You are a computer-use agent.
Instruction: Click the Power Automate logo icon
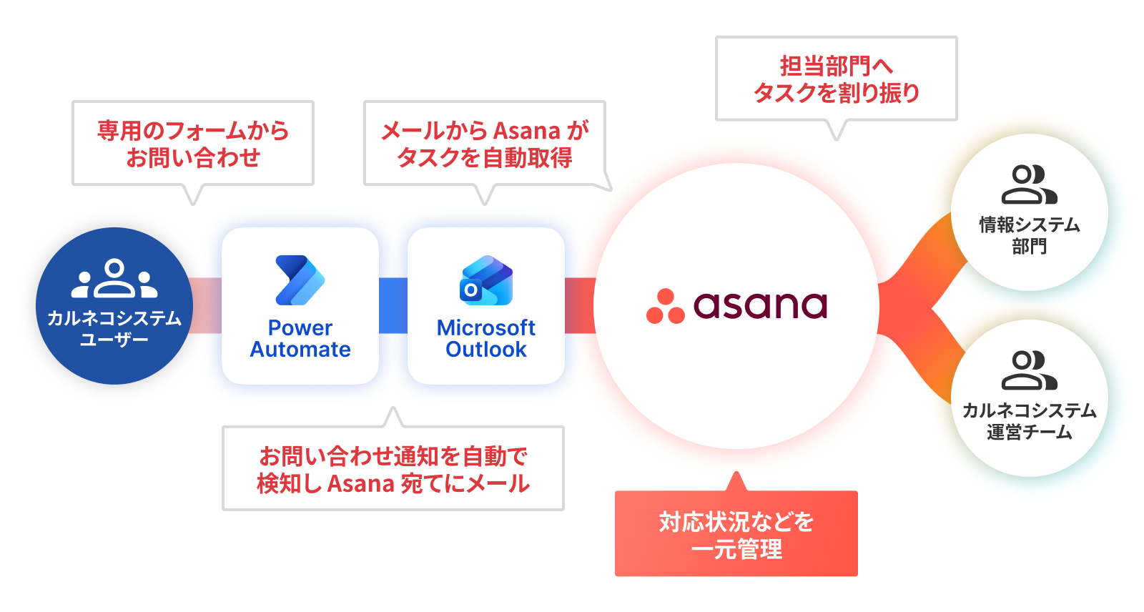300,280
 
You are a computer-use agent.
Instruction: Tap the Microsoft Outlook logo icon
486,281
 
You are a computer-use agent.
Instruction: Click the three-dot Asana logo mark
665,307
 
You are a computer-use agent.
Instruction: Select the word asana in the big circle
760,305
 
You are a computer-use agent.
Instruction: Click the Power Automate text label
300,339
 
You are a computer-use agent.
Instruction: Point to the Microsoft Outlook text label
486,339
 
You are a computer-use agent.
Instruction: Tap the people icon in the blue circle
114,279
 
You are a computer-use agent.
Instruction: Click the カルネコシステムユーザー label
114,328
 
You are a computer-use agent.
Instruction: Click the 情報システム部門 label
1029,235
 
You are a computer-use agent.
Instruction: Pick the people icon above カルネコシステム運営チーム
1029,370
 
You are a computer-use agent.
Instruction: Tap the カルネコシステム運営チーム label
1029,421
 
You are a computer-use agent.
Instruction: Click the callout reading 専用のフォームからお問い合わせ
193,144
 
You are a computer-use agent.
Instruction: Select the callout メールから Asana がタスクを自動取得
485,144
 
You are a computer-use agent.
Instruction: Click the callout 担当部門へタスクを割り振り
836,79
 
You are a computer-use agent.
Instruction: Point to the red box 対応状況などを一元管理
736,535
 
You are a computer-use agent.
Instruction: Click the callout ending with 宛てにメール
393,469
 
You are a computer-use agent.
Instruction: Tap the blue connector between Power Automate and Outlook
393,305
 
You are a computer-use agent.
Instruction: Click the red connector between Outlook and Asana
580,305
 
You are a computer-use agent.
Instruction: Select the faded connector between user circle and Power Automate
207,305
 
